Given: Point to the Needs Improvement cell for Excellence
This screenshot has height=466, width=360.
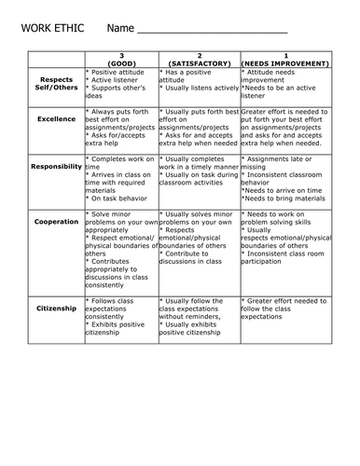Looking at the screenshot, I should click(284, 129).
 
